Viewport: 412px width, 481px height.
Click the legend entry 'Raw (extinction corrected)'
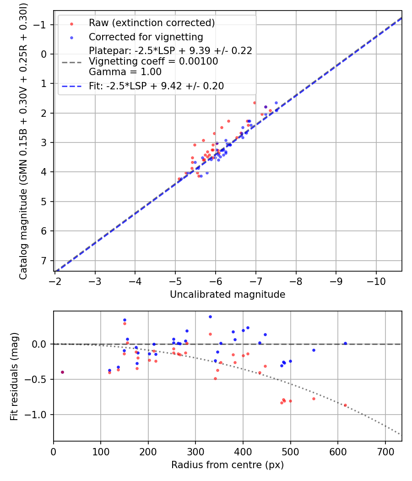pos(152,23)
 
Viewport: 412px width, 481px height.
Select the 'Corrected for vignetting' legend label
pos(146,37)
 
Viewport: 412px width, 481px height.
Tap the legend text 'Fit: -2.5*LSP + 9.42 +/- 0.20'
pos(156,86)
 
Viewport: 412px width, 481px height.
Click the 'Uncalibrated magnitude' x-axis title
pos(228,295)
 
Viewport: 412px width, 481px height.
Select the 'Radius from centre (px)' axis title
pos(228,465)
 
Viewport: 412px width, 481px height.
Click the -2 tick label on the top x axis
pos(55,280)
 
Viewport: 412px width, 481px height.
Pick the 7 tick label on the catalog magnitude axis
pos(44,260)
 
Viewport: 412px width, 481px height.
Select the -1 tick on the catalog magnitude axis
pos(42,25)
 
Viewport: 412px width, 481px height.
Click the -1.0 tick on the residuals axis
pos(39,415)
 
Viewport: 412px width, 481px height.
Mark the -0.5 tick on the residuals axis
pos(39,379)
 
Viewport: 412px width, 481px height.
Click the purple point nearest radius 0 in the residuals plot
pos(62,372)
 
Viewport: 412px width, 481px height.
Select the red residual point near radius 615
pos(345,405)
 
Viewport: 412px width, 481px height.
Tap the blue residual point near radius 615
pos(345,343)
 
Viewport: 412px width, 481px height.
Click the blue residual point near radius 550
pos(314,350)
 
